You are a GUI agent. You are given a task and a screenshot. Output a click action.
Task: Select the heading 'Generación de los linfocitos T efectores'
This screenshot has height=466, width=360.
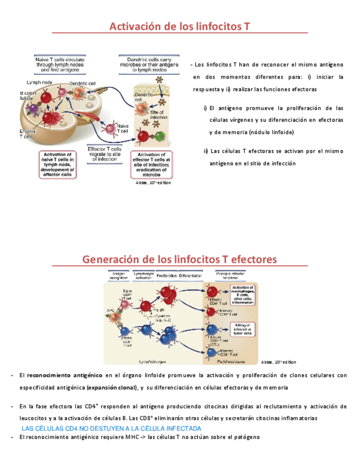(180, 259)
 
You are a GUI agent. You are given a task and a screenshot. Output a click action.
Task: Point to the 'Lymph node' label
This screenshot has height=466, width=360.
(40, 82)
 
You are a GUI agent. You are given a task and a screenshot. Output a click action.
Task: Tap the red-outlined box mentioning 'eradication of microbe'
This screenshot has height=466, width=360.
(151, 165)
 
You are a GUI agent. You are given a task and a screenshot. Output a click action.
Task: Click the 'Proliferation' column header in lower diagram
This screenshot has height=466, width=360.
(167, 275)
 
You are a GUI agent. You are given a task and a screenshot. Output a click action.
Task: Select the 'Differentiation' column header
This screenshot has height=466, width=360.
(188, 275)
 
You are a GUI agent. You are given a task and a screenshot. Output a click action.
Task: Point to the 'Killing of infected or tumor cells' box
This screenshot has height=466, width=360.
(242, 329)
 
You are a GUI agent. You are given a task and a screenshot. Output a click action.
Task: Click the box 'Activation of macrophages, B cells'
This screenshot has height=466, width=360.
(242, 294)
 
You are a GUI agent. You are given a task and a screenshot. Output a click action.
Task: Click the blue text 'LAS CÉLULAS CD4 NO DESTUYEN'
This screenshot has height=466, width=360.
(111, 428)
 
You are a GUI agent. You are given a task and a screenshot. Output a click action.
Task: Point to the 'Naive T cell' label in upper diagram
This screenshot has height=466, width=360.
(122, 129)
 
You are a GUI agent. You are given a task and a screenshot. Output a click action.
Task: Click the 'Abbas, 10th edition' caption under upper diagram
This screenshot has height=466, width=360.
(153, 183)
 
